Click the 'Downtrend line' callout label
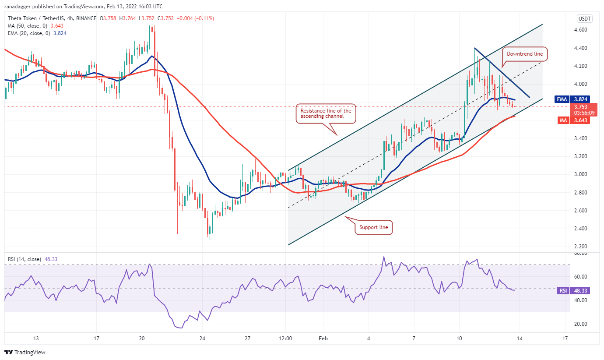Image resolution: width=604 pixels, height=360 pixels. (525, 54)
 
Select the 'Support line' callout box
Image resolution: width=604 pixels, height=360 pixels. (373, 228)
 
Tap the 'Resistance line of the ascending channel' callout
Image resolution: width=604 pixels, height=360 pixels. (325, 114)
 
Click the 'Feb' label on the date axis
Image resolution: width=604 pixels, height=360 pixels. (323, 339)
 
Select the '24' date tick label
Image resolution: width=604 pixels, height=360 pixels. (202, 339)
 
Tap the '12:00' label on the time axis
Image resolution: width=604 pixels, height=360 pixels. (285, 339)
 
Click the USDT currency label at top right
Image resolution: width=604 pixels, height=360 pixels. (585, 18)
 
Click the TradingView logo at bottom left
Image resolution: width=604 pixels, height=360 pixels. (25, 352)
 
